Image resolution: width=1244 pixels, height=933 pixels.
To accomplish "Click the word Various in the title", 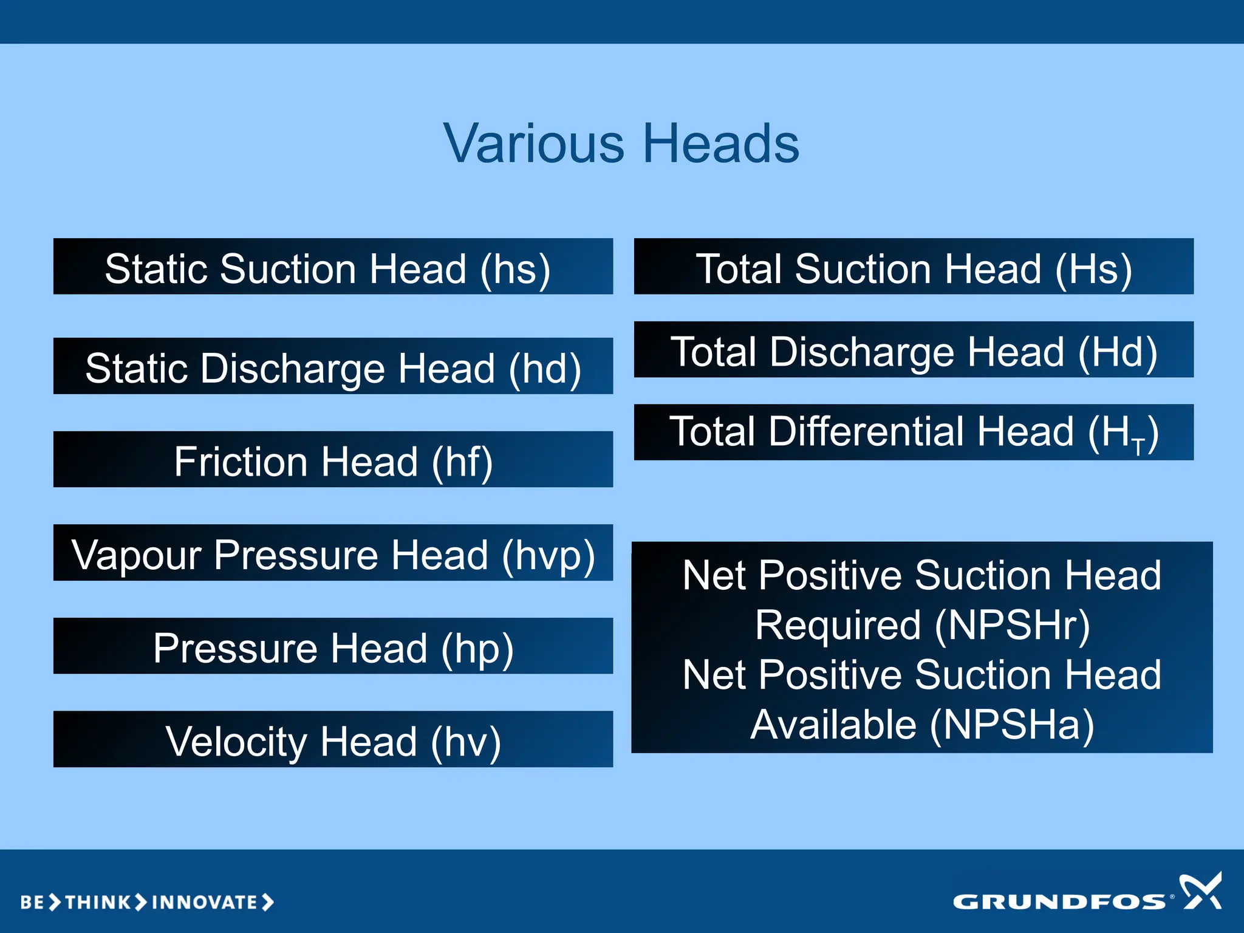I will tap(533, 144).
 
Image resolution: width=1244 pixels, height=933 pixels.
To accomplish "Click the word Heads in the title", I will tap(721, 144).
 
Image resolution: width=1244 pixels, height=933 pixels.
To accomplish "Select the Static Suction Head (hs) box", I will tap(333, 267).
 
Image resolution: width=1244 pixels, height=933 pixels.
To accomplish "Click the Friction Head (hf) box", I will tap(333, 460).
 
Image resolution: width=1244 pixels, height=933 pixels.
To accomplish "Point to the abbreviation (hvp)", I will tap(548, 555).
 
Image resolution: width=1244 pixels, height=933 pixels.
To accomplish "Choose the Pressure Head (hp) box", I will tap(333, 647).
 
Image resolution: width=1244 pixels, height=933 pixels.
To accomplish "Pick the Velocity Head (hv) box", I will tap(333, 740).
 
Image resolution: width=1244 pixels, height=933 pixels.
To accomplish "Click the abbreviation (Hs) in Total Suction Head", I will tap(1093, 269).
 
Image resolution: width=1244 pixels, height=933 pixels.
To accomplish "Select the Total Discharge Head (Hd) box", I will tap(914, 350).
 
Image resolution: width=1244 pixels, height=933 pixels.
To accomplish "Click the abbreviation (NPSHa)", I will tap(1013, 725).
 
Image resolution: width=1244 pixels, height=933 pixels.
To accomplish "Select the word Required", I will tap(838, 625).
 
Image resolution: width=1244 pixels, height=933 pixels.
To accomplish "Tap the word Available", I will tap(833, 725).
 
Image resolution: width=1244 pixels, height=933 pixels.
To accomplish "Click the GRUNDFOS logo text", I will tap(1059, 902).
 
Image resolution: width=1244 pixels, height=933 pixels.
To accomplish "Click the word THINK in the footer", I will tap(98, 903).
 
